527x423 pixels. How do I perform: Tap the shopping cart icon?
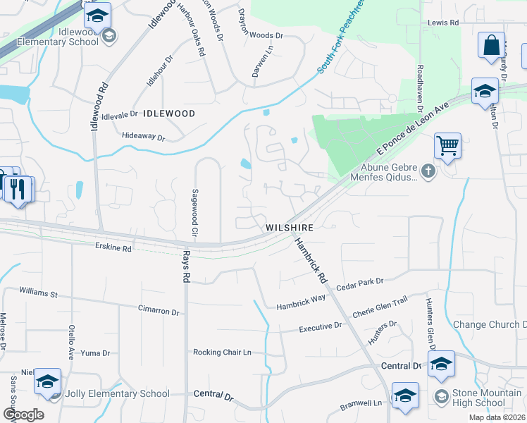pos(447,147)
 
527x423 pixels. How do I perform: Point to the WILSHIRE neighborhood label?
pos(289,228)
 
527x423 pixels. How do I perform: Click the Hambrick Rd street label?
pos(311,260)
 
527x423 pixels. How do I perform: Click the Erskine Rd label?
pos(113,248)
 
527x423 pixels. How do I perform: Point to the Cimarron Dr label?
pos(159,310)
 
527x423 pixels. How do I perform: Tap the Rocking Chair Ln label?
pos(223,352)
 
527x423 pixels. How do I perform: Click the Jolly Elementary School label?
pos(117,394)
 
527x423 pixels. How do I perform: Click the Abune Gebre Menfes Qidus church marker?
pos(428,171)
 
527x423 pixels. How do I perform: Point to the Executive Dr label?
pos(320,328)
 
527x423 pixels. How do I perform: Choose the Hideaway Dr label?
pos(142,137)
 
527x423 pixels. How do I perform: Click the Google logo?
pos(23,414)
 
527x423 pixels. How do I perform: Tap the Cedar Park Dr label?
pos(359,281)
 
